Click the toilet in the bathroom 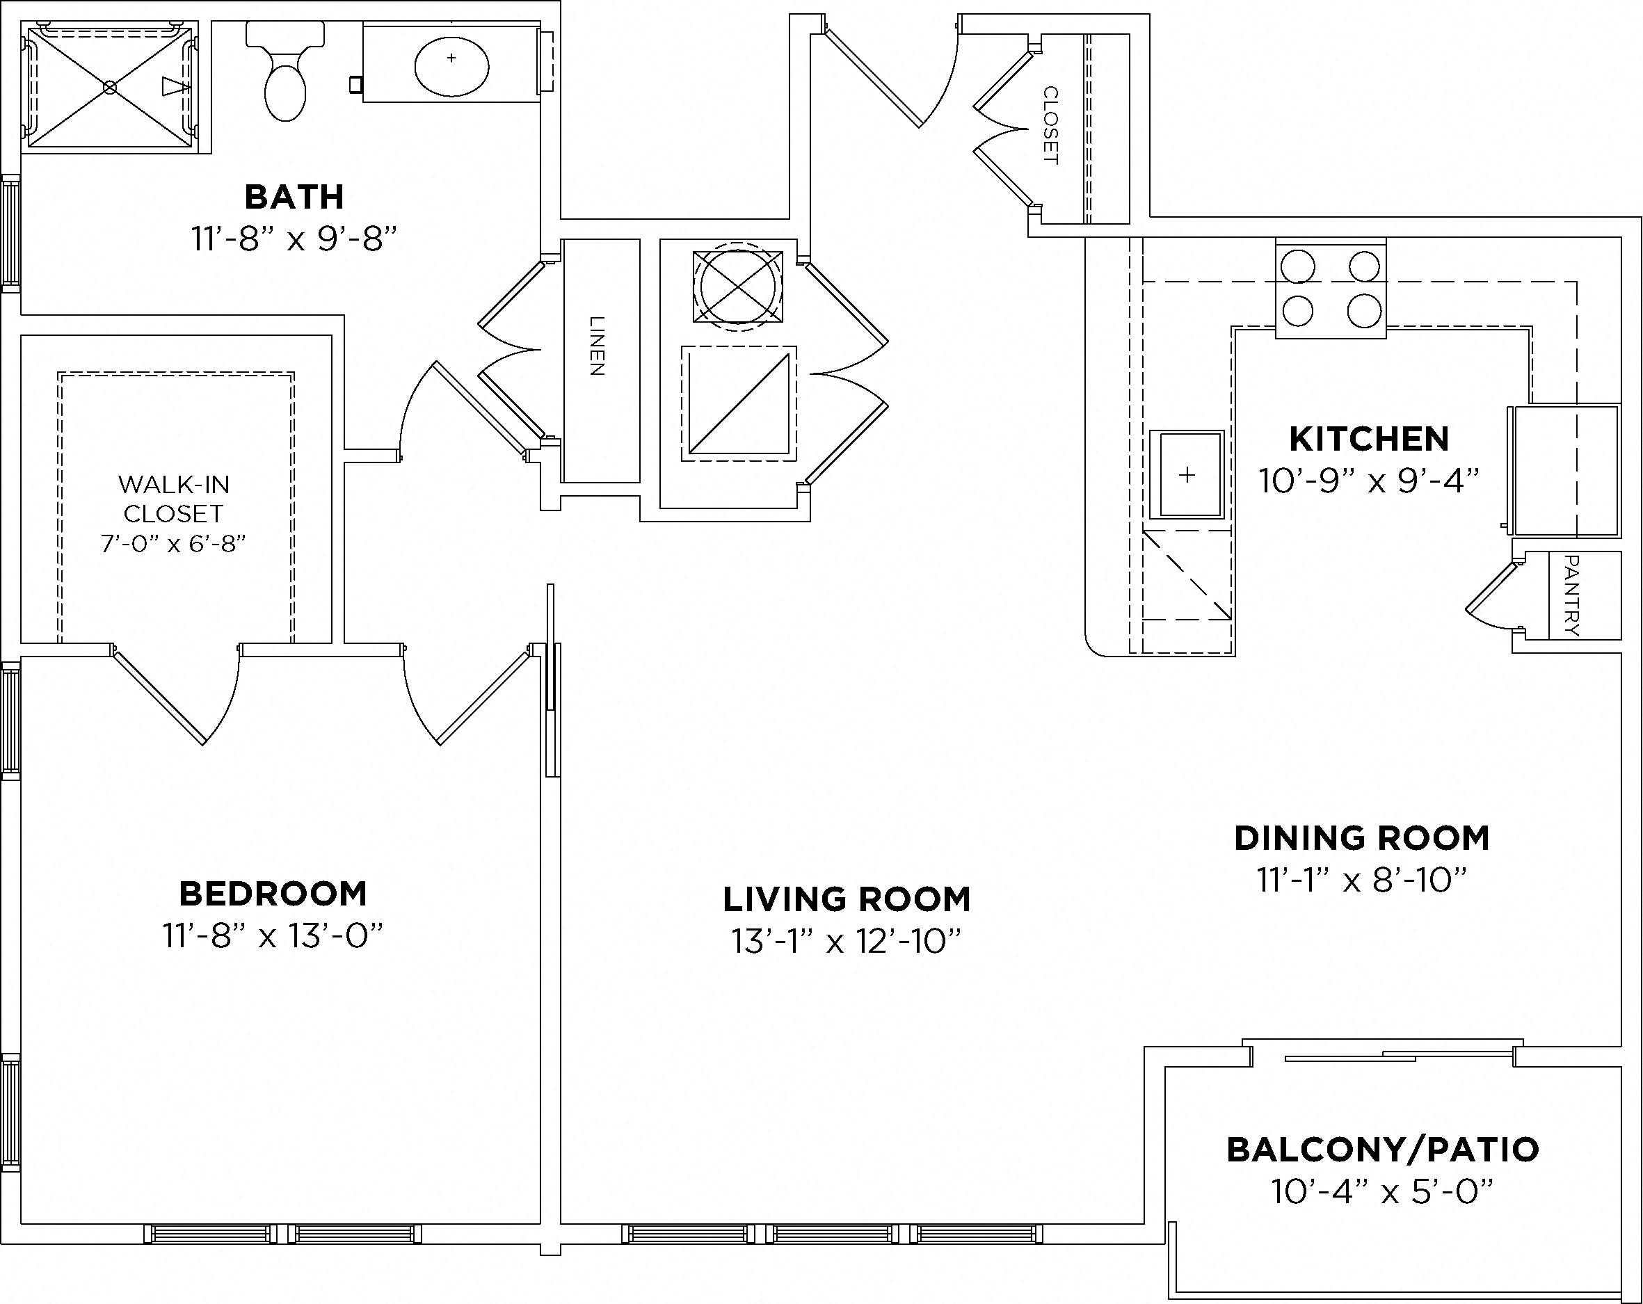pyautogui.click(x=285, y=77)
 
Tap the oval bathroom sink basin pyautogui.click(x=451, y=66)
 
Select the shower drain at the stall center pyautogui.click(x=110, y=88)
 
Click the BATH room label pyautogui.click(x=294, y=198)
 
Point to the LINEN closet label pyautogui.click(x=598, y=346)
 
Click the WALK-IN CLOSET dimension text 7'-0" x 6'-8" pyautogui.click(x=174, y=543)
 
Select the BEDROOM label pyautogui.click(x=273, y=894)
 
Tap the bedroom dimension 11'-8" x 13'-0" pyautogui.click(x=273, y=936)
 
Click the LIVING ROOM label pyautogui.click(x=846, y=899)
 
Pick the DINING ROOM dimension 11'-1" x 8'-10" pyautogui.click(x=1362, y=880)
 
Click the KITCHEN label pyautogui.click(x=1369, y=439)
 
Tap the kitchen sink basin pyautogui.click(x=1187, y=475)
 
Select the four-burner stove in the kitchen pyautogui.click(x=1331, y=289)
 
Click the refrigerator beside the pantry pyautogui.click(x=1565, y=470)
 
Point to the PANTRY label pyautogui.click(x=1571, y=595)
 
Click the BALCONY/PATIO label pyautogui.click(x=1382, y=1150)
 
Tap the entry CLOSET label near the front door pyautogui.click(x=1050, y=125)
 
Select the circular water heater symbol pyautogui.click(x=737, y=287)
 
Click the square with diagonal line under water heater pyautogui.click(x=739, y=404)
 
